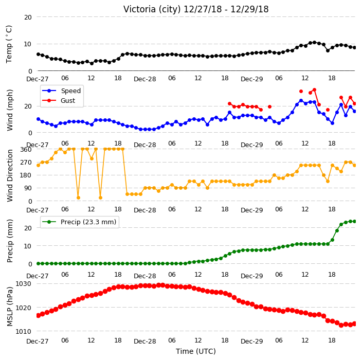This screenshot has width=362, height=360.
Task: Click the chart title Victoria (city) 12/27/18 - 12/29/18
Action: tap(196, 9)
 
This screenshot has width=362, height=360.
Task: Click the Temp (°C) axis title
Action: tap(9, 44)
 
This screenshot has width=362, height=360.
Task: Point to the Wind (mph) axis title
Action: tap(10, 111)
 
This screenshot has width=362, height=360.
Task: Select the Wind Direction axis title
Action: tap(10, 176)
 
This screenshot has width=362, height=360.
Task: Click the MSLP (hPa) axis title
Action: tap(10, 307)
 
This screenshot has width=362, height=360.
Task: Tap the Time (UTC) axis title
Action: tap(196, 351)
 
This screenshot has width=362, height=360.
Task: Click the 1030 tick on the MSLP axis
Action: tap(23, 283)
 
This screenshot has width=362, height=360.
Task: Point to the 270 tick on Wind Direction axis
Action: tap(26, 163)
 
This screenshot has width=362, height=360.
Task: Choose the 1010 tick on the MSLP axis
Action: tap(23, 331)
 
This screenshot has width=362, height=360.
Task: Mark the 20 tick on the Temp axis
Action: tap(28, 17)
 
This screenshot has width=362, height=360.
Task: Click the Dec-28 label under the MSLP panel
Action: tap(145, 341)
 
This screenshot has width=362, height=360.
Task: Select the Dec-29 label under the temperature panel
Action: tap(251, 79)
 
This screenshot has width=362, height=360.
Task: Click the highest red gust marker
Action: tap(314, 90)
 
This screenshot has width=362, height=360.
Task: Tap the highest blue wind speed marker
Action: tap(301, 101)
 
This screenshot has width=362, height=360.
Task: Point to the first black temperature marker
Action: tap(39, 55)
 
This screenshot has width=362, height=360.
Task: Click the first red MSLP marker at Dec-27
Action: tap(39, 315)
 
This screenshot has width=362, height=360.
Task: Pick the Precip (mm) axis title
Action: tap(10, 241)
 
